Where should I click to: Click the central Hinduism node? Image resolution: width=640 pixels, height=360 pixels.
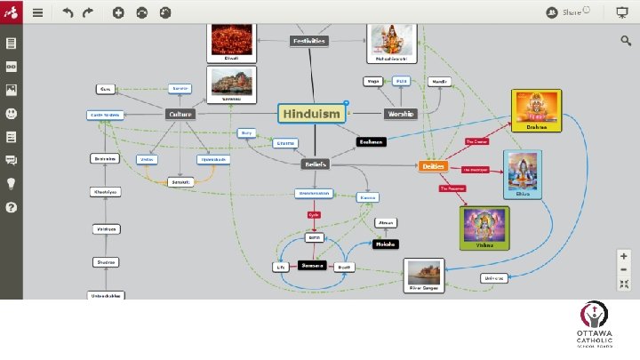pos(311,114)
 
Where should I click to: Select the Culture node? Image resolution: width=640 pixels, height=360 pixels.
pos(180,114)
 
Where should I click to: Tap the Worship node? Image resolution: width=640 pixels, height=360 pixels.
pos(400,114)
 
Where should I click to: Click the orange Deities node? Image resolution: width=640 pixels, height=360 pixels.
pos(433,165)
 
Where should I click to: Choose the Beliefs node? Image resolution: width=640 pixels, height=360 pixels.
pos(316,164)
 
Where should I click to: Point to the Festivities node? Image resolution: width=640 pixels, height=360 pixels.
pos(308,41)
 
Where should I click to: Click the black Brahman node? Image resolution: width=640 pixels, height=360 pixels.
pos(371,141)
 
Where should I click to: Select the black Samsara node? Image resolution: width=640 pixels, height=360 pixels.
pos(313,266)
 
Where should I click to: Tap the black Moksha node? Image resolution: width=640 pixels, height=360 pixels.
pos(386,244)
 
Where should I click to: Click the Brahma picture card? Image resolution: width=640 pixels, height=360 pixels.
pos(536,110)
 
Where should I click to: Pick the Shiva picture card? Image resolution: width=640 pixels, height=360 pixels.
pos(522,173)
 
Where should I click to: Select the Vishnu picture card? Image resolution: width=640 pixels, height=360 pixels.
pos(484,228)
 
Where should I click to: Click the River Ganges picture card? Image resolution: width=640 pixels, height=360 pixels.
pos(424,275)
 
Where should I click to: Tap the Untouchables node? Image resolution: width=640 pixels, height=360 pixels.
pos(106,295)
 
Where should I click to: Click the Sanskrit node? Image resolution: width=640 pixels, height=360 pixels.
pos(180,181)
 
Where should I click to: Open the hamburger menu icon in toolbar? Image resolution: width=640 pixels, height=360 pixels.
pos(37,13)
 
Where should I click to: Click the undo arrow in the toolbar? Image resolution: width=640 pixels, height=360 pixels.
pos(68,13)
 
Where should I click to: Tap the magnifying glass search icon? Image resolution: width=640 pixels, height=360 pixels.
pos(626,40)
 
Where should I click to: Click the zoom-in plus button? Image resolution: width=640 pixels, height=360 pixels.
pos(624,255)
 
